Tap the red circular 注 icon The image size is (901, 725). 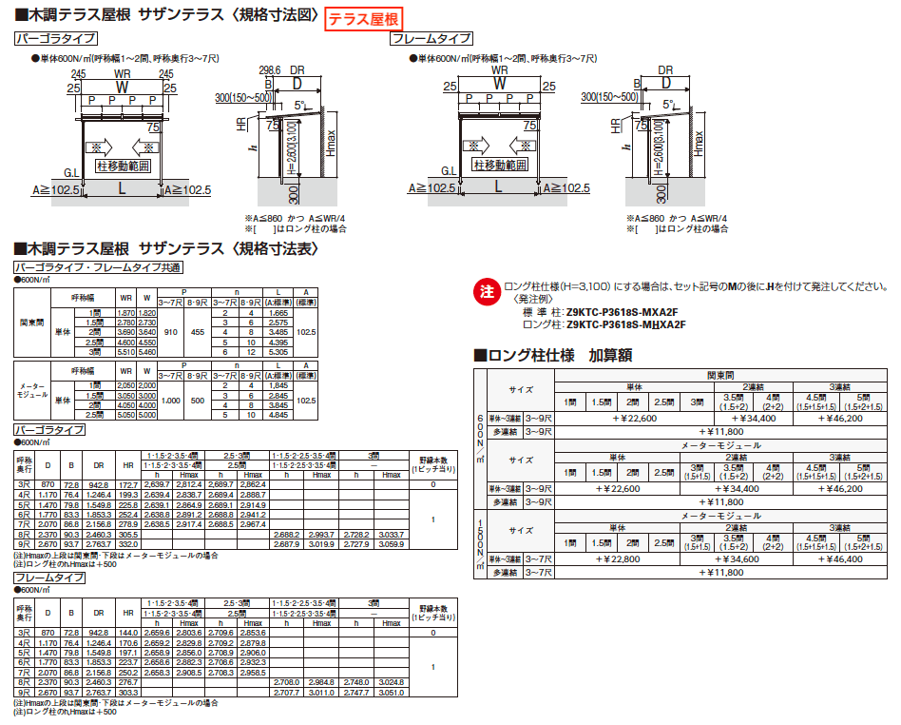(x=487, y=289)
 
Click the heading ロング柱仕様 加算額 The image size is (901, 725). (x=553, y=356)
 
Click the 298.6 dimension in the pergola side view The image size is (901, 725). (x=271, y=70)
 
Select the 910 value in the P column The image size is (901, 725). (x=171, y=333)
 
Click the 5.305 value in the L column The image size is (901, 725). (x=278, y=351)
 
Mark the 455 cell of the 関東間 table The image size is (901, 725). (x=198, y=333)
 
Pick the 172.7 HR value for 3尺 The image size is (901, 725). (x=128, y=484)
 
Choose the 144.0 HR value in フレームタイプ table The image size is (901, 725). (x=128, y=632)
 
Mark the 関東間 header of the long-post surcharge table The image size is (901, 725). (x=719, y=375)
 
